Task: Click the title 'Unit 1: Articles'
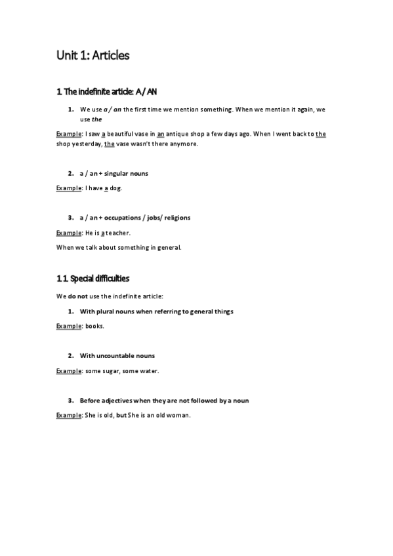93,55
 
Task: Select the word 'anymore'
183,144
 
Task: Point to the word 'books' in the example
94,327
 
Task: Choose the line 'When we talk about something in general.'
118,247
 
